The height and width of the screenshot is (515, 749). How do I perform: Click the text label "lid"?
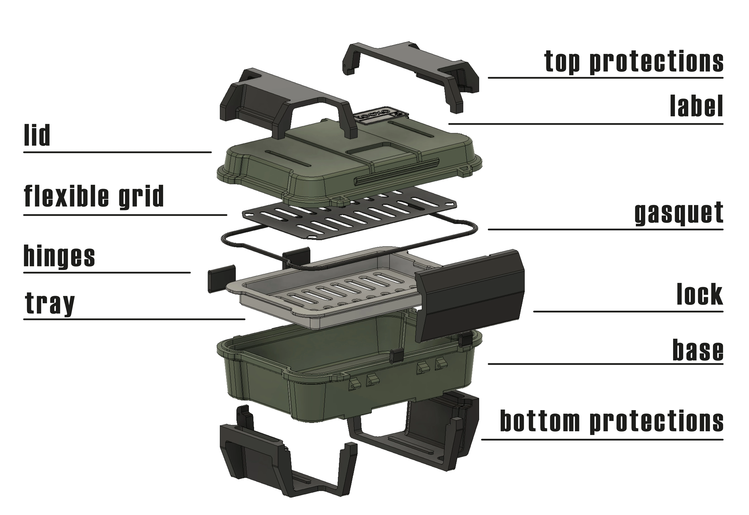pyautogui.click(x=37, y=135)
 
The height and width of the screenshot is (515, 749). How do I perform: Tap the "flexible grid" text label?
pyautogui.click(x=94, y=196)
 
